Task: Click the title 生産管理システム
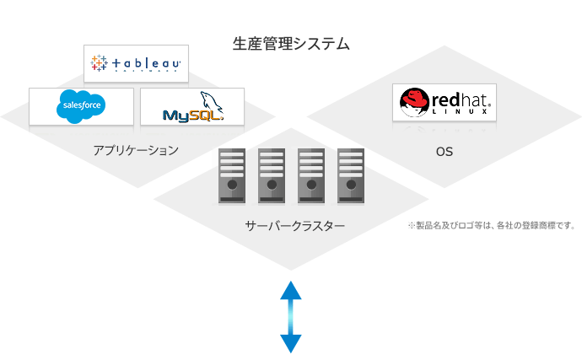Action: [x=291, y=43]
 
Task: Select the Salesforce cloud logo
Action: [x=81, y=106]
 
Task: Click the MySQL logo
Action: [x=192, y=107]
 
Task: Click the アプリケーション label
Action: [x=136, y=151]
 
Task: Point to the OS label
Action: [x=445, y=153]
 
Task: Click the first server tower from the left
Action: [x=231, y=175]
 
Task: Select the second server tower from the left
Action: [x=271, y=175]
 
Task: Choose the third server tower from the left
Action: [x=310, y=175]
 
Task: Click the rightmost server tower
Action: [x=350, y=175]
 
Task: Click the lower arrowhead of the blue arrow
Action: [x=291, y=343]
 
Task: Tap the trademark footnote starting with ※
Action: [x=491, y=226]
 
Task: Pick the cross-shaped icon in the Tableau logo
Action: [x=100, y=63]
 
